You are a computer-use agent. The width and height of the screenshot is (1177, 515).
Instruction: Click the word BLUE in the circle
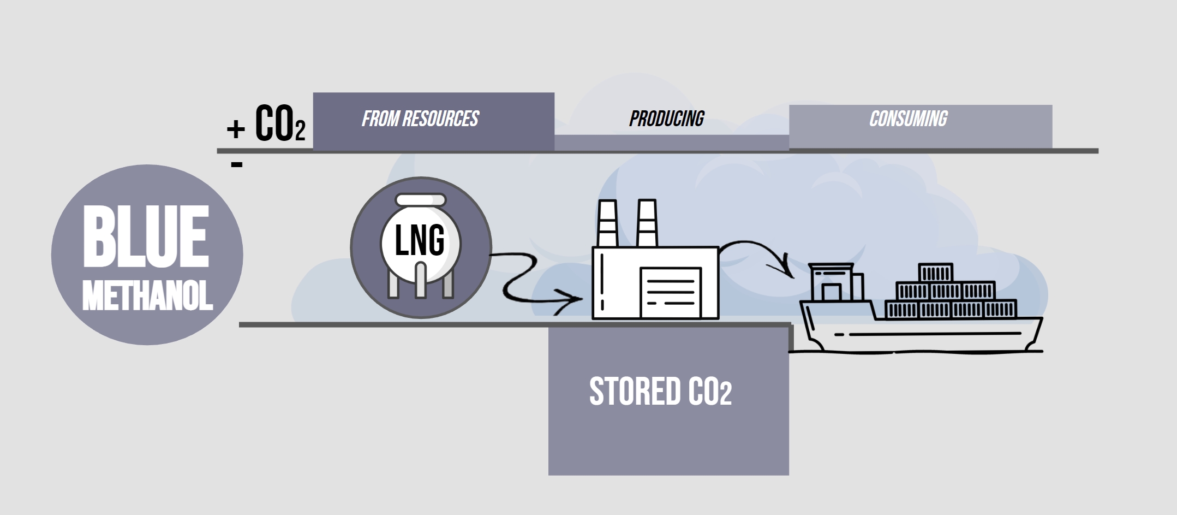click(146, 236)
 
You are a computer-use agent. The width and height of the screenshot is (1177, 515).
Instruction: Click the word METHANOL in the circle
click(147, 297)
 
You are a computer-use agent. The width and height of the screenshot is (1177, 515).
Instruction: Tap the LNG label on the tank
click(419, 241)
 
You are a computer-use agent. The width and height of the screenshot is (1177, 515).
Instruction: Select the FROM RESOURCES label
click(420, 119)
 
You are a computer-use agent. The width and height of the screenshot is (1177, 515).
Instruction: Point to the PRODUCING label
click(666, 119)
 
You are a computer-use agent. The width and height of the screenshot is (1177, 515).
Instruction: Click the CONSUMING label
click(908, 119)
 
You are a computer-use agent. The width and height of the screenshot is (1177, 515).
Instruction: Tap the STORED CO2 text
click(660, 392)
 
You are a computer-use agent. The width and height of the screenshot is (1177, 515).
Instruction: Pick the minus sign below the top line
click(236, 164)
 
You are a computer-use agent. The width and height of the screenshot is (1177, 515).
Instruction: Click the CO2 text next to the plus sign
click(280, 125)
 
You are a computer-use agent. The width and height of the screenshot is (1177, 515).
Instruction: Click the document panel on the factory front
click(671, 292)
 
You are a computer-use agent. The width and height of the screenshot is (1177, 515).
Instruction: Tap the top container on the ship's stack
click(936, 273)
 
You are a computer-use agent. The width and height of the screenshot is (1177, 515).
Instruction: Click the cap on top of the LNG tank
click(420, 200)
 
